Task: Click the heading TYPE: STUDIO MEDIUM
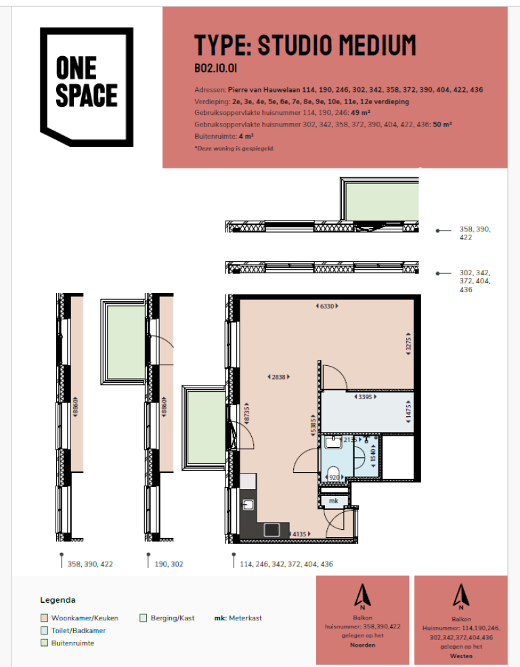click(x=305, y=45)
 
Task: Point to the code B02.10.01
click(x=215, y=68)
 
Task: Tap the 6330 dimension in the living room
click(x=328, y=306)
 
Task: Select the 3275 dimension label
click(x=408, y=342)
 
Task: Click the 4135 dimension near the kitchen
click(x=301, y=534)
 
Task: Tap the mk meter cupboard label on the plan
click(x=333, y=501)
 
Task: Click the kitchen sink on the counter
click(x=248, y=504)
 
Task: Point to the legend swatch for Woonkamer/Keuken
click(x=44, y=618)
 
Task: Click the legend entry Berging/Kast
click(x=171, y=618)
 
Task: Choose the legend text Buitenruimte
click(x=72, y=643)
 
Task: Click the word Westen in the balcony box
click(x=460, y=656)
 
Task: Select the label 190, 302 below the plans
click(x=169, y=563)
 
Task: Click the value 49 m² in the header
click(x=364, y=113)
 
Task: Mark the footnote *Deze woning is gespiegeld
click(x=234, y=147)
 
